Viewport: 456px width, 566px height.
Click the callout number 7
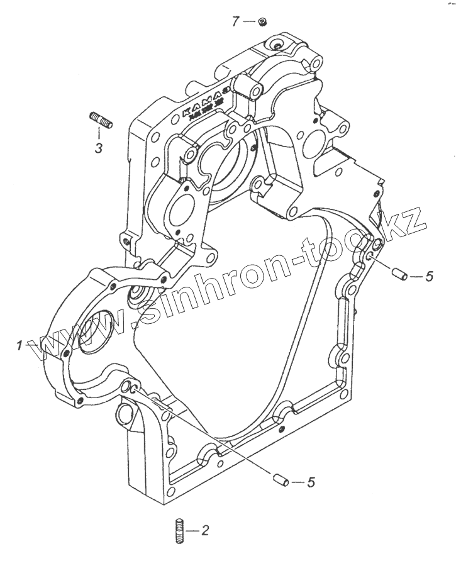pyautogui.click(x=235, y=22)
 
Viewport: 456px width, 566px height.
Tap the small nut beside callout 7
pyautogui.click(x=263, y=23)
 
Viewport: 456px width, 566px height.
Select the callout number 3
pyautogui.click(x=99, y=148)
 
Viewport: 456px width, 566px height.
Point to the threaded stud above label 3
pyautogui.click(x=102, y=119)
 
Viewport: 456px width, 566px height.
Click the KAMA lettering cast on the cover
pyautogui.click(x=201, y=103)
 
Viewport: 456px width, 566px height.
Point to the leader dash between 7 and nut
pyautogui.click(x=249, y=22)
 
